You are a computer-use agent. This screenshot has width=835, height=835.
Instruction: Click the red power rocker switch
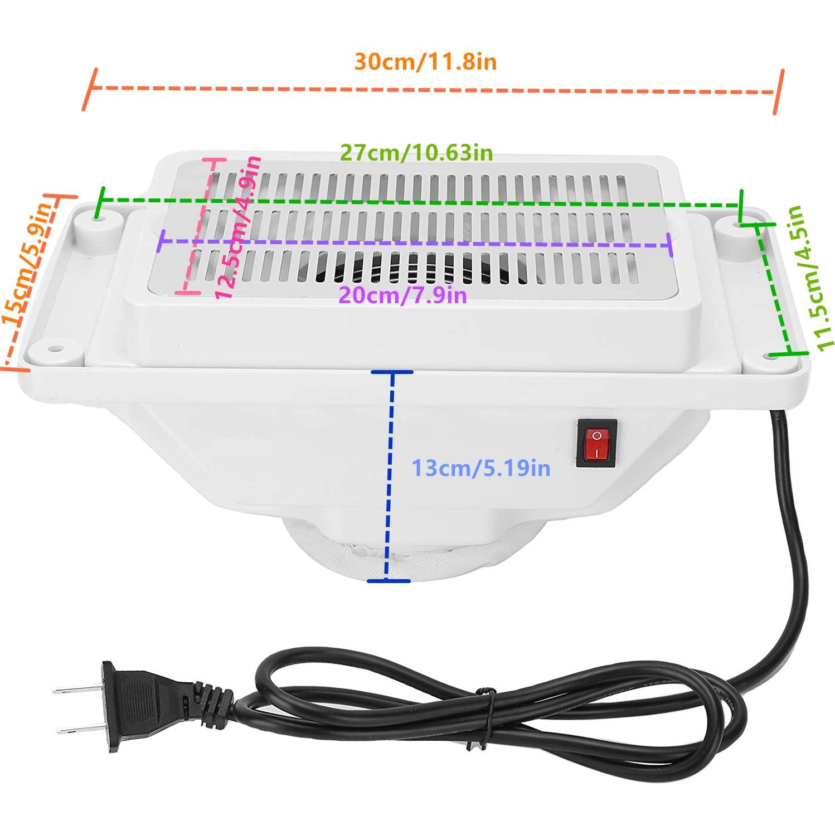(x=596, y=443)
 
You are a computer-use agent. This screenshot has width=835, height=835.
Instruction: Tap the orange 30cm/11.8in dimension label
(x=425, y=62)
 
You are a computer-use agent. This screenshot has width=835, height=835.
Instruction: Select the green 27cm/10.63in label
(x=416, y=152)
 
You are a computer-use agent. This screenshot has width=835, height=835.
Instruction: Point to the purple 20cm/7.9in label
(x=402, y=294)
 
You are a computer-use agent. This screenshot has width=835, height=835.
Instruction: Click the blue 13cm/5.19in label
(x=480, y=468)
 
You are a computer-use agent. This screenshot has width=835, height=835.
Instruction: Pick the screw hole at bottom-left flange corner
(x=54, y=349)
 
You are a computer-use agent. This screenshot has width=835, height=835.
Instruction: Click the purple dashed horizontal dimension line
(x=415, y=244)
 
